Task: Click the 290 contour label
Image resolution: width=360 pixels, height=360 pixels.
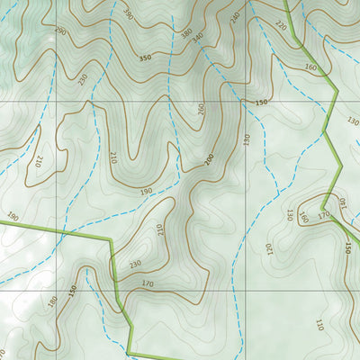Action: (60, 31)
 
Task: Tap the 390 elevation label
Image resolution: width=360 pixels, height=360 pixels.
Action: (128, 15)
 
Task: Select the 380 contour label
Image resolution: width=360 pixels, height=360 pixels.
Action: (186, 34)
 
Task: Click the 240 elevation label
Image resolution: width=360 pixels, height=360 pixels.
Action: (235, 17)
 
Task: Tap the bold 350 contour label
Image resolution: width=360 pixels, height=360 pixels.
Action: (145, 58)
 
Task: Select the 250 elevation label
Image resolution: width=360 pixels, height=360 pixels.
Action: (85, 78)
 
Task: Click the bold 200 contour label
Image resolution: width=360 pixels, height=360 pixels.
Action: (209, 159)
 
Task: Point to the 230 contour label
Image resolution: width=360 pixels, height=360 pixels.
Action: (135, 264)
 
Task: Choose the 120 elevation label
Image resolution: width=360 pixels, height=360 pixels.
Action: (269, 246)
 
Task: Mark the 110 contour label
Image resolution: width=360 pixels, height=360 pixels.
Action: (319, 325)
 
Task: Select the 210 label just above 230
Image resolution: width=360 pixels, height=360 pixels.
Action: (159, 230)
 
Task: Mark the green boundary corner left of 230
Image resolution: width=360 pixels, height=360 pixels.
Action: (111, 239)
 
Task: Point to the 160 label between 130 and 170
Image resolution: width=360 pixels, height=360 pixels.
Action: (303, 216)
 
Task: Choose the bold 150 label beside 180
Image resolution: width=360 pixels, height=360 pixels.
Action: (73, 292)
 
